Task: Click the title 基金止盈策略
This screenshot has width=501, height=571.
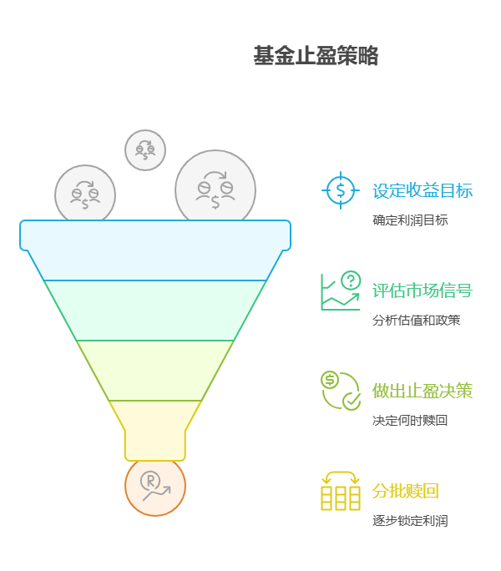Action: pos(316,56)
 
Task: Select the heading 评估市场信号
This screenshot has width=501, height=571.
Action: pos(423,291)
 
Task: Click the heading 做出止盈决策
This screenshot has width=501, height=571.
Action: pos(423,391)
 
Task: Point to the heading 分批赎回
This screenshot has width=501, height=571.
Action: pos(405,491)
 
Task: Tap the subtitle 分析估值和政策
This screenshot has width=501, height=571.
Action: pos(416,321)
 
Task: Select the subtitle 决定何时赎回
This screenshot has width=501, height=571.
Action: pos(410,421)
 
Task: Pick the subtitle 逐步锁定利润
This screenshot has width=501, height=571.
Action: pos(410,521)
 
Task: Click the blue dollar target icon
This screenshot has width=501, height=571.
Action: pos(340,190)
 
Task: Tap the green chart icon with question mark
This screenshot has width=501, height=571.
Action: pos(340,291)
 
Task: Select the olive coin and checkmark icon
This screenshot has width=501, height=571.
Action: pos(340,391)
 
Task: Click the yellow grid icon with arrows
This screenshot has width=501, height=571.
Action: pos(340,491)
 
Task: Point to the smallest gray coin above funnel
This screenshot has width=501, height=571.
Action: pos(145,150)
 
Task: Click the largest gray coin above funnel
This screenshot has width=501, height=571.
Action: pos(215,189)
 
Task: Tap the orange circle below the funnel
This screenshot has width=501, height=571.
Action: pos(155,487)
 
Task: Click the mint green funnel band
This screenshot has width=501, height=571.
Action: pos(155,311)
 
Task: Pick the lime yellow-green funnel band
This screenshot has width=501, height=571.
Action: pos(155,371)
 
